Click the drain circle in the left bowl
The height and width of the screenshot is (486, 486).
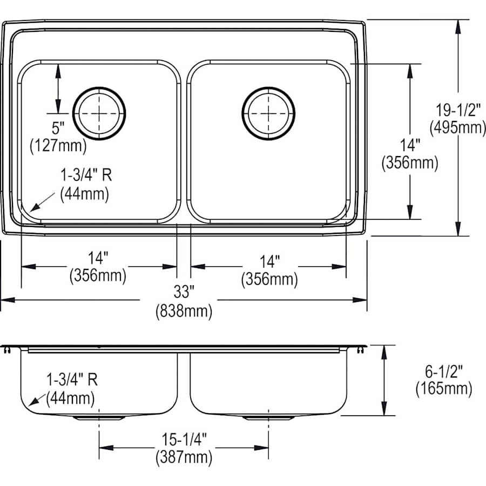[99, 113]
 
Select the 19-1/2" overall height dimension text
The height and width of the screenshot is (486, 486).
[457, 111]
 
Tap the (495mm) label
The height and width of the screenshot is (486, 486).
[457, 128]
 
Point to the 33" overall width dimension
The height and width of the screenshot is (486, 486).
[184, 293]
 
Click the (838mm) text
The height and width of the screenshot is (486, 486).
[184, 311]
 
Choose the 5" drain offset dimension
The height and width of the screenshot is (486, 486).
[58, 128]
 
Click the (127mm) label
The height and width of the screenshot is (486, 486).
[58, 145]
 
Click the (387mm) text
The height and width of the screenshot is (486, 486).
[183, 458]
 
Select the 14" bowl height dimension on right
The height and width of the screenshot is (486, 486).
[409, 145]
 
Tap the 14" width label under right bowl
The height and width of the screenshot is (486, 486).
[269, 262]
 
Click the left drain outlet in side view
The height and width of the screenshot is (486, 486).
[99, 417]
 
